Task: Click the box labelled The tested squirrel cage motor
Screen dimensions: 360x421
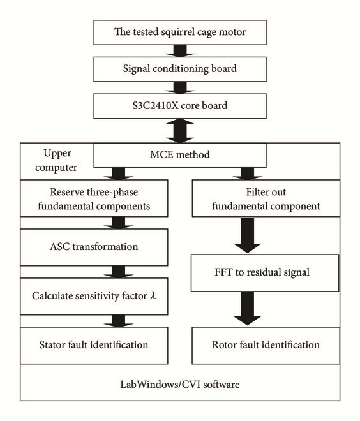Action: click(x=180, y=33)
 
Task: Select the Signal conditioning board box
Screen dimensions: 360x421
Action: click(x=180, y=69)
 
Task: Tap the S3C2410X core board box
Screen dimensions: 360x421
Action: click(x=180, y=106)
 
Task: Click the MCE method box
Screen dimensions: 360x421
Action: click(x=180, y=155)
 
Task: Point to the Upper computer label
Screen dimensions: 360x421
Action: click(x=56, y=160)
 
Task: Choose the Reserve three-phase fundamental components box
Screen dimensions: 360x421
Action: click(x=94, y=198)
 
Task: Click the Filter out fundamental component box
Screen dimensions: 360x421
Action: click(x=266, y=198)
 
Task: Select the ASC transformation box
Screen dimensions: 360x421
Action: click(x=94, y=247)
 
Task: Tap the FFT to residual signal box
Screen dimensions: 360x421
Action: click(x=265, y=273)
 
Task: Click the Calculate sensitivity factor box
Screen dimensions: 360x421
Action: click(x=94, y=296)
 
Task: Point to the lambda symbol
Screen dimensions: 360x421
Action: click(x=153, y=295)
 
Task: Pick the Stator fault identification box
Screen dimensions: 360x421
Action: click(x=94, y=345)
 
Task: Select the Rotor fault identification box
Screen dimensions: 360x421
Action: click(x=266, y=345)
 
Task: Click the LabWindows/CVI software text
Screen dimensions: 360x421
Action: click(x=180, y=384)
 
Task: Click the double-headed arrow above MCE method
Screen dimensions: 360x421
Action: click(x=180, y=131)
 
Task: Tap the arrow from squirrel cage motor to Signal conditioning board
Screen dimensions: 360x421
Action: click(x=180, y=51)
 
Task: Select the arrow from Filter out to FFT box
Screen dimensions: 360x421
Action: click(x=247, y=235)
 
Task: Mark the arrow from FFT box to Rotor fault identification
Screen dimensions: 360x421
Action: click(x=247, y=309)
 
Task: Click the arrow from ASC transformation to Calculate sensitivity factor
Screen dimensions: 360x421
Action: click(x=119, y=272)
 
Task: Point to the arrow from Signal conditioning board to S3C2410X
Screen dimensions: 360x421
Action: click(x=180, y=87)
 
